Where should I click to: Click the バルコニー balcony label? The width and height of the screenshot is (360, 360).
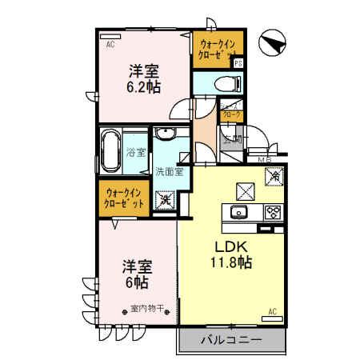point(231,340)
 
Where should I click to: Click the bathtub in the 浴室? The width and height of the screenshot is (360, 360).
point(111,152)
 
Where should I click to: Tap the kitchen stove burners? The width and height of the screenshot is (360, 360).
point(273,213)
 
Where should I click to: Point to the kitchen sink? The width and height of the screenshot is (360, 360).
point(238,213)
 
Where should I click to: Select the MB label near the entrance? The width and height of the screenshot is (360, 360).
point(265,160)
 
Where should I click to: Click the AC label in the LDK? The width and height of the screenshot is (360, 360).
point(272,310)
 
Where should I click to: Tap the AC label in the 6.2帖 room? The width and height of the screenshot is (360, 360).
point(110,45)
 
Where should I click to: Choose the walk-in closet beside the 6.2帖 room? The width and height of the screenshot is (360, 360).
point(216,50)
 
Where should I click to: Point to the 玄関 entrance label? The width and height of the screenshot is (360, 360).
point(232,139)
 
